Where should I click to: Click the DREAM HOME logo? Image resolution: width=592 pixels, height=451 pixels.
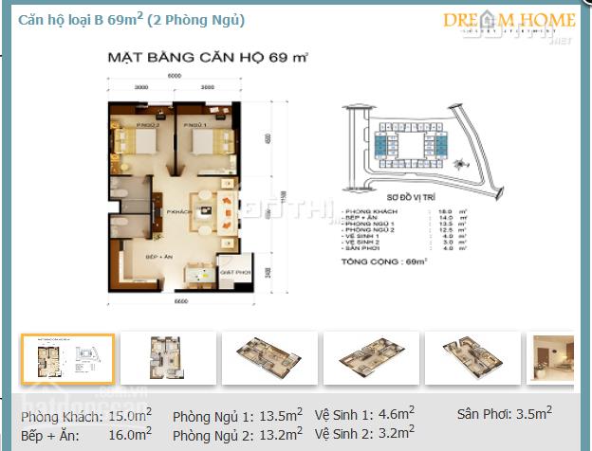508,22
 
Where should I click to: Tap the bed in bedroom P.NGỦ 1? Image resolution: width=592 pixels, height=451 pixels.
203,142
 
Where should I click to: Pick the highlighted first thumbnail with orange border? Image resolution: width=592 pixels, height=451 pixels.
67,358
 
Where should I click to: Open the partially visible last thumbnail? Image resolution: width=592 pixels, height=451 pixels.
553,358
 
